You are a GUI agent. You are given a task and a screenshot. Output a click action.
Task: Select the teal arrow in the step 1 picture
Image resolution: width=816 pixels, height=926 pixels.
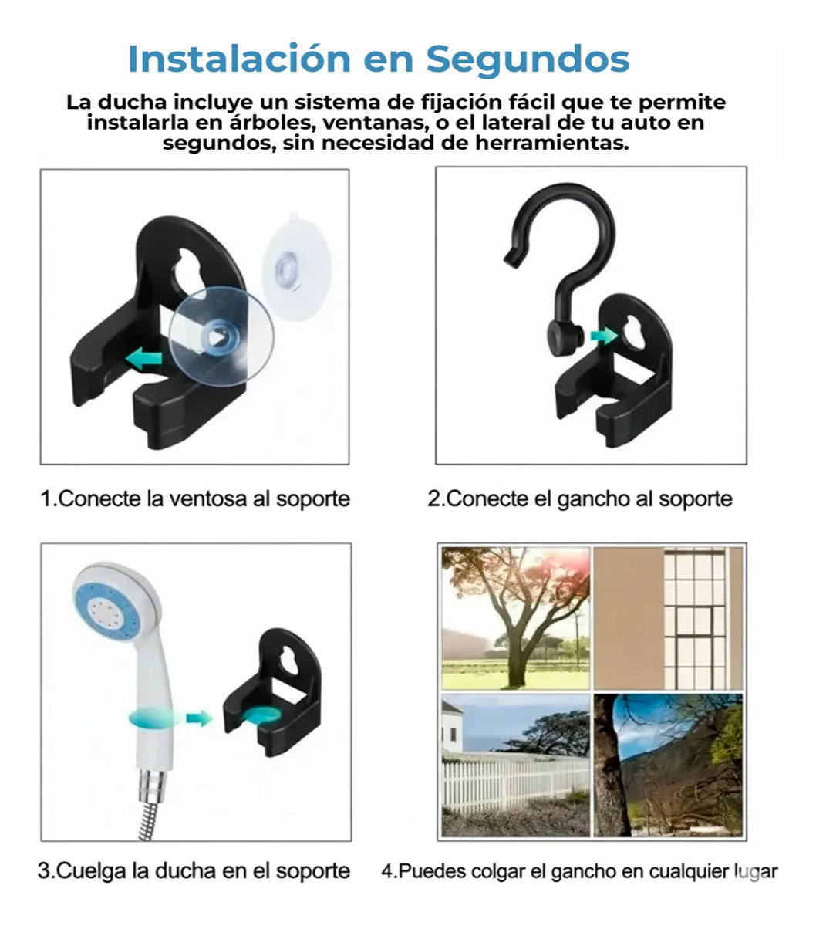click(x=145, y=359)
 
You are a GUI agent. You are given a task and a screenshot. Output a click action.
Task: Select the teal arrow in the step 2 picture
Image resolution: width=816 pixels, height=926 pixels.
click(x=602, y=335)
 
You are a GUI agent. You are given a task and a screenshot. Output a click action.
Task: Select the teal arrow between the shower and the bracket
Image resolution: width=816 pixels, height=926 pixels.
click(x=199, y=718)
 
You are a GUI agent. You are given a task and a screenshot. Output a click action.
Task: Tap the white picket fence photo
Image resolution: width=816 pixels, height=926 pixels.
click(x=514, y=764)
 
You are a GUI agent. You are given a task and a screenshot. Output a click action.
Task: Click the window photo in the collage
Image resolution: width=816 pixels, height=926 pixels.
click(x=668, y=617)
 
